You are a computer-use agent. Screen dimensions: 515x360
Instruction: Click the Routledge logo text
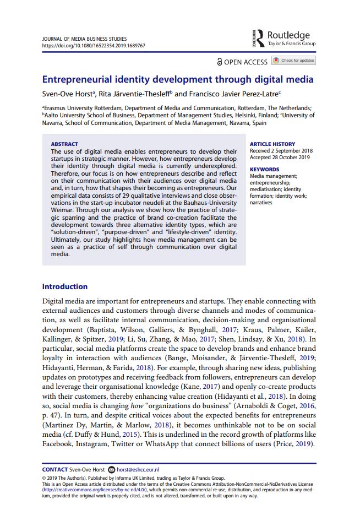click(288, 35)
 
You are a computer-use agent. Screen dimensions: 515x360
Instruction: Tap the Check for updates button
click(294, 61)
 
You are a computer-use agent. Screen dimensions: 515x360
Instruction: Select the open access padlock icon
click(220, 62)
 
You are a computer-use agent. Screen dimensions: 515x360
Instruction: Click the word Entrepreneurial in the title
click(81, 79)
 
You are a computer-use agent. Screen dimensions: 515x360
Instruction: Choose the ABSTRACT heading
click(64, 144)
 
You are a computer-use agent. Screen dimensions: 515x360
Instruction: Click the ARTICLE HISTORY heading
click(272, 144)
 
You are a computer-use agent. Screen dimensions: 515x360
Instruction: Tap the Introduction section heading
click(65, 286)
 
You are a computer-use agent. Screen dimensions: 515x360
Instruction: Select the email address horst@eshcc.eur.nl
click(138, 469)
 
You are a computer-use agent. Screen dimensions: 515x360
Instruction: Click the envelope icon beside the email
click(111, 469)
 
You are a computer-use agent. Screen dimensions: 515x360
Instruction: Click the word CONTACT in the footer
click(54, 469)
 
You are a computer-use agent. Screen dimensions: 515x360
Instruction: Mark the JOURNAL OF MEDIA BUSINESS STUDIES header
click(84, 39)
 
